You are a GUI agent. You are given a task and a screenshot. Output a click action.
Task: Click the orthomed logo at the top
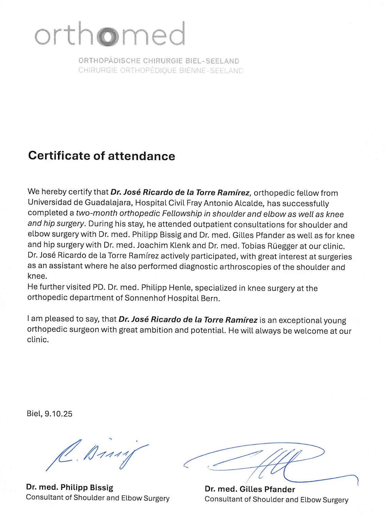tap(110, 34)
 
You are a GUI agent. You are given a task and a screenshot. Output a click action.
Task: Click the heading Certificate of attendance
tap(102, 156)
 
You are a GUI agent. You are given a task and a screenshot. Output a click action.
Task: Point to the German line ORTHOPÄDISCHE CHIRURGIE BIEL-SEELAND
tap(159, 61)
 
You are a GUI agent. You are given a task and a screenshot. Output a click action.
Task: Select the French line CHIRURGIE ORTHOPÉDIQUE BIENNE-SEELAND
tap(160, 70)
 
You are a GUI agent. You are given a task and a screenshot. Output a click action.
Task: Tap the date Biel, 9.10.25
tap(49, 414)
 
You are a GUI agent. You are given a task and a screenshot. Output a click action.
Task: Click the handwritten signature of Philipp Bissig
tap(97, 454)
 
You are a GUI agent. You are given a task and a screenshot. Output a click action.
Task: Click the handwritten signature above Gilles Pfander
tap(269, 461)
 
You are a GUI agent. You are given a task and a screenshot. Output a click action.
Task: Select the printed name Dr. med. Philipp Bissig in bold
tap(70, 487)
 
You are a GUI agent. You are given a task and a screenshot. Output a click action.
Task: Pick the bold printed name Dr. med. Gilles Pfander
tap(250, 489)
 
